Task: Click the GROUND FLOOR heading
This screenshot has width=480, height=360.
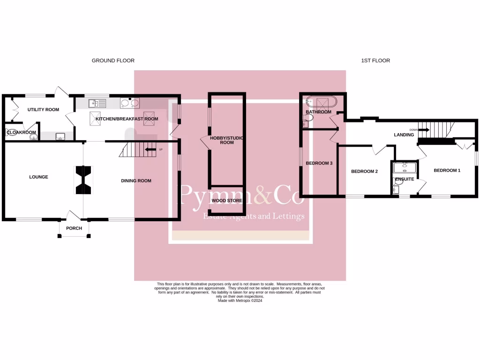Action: [113, 60]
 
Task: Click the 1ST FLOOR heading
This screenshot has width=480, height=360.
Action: [375, 60]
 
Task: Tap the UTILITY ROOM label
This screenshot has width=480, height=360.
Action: [43, 110]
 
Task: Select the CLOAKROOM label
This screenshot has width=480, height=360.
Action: [22, 133]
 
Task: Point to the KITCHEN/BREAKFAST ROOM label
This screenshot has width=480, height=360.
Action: [127, 119]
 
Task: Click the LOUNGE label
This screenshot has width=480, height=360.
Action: [38, 177]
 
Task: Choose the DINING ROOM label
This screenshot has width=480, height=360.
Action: [136, 181]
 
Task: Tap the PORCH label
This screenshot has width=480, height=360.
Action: [74, 228]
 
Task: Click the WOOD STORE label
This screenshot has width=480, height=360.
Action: [227, 201]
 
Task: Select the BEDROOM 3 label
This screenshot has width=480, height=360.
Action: [319, 164]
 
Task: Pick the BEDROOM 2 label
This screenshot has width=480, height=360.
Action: [364, 172]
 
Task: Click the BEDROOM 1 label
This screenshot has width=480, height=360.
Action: [447, 171]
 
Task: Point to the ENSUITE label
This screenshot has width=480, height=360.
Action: [405, 179]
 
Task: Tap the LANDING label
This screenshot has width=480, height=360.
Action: [404, 135]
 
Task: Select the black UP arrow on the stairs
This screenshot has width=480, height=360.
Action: [151, 150]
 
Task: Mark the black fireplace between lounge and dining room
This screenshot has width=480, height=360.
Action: [83, 180]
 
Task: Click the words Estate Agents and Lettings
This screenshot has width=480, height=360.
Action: [254, 216]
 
